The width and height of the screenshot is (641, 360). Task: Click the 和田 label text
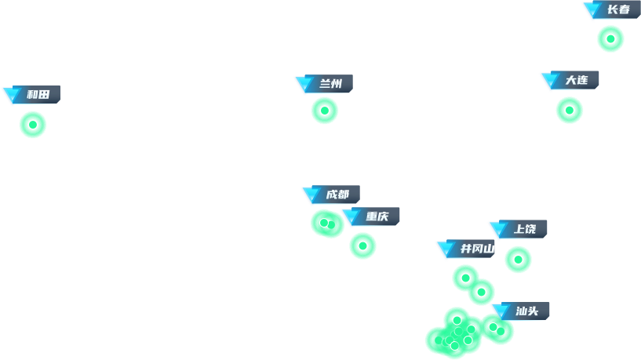pos(38,95)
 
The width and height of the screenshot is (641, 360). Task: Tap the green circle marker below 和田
pos(33,125)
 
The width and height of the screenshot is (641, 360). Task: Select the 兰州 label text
pos(331,84)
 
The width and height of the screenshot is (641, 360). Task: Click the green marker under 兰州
pos(325,111)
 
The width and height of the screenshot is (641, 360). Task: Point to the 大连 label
pos(577,80)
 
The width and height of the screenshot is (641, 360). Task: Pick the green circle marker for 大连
pos(570,111)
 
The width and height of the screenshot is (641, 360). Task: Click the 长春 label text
pos(618,10)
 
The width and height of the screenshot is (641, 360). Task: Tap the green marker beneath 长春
pos(610,39)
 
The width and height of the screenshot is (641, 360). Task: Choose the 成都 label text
pos(337,195)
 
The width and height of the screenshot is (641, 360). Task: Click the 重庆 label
pos(377,216)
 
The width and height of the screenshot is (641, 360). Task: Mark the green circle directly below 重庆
pos(362,245)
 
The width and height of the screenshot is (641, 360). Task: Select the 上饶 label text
pos(525,229)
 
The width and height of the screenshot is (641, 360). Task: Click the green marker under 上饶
pos(518,260)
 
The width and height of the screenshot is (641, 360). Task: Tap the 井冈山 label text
pos(477,249)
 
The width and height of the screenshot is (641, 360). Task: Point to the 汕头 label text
pos(527,311)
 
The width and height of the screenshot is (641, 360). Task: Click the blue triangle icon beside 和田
pos(12,96)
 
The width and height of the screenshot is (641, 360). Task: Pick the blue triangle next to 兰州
pos(304,85)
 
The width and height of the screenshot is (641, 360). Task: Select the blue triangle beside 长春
pos(592,10)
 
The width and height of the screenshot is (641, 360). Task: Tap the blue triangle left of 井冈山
pos(446,249)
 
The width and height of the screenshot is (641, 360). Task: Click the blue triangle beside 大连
pos(550,81)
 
